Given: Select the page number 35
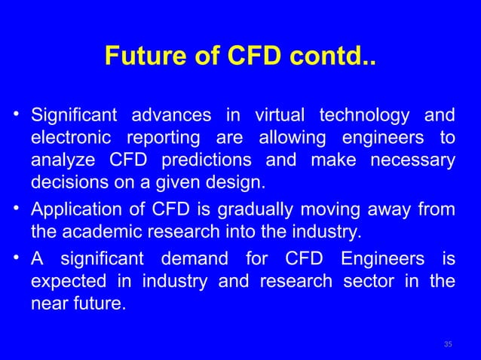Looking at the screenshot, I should tap(448, 344).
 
